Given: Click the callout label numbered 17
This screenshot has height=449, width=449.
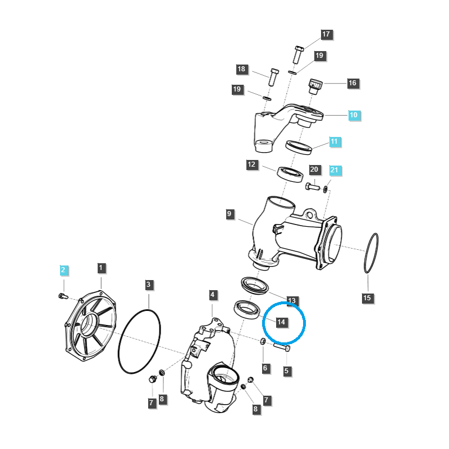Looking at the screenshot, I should click(x=326, y=34).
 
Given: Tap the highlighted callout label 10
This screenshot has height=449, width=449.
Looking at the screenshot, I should click(x=353, y=115).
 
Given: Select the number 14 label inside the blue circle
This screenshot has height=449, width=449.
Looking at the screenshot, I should click(x=281, y=322).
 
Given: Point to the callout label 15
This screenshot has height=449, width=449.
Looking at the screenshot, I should click(x=366, y=297).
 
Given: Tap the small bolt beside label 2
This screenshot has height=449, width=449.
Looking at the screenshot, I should click(x=62, y=296).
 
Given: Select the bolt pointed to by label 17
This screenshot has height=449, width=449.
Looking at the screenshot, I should click(x=298, y=54).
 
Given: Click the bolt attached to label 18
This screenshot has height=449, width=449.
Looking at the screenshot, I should click(x=273, y=76).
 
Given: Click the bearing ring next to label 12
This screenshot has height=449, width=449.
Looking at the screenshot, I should click(x=290, y=173).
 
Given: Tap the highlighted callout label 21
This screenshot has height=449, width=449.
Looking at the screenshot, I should click(x=334, y=169).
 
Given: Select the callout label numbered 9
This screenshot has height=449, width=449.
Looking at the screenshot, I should click(x=230, y=214).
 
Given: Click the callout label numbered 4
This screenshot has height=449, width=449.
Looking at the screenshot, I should click(x=212, y=295).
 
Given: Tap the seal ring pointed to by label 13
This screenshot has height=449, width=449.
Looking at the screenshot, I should click(x=256, y=284).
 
